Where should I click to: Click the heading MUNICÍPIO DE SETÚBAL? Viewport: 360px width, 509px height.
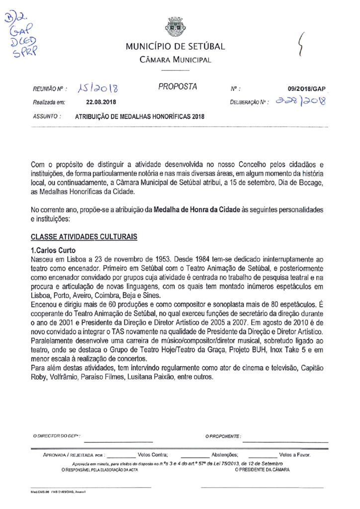click(175, 47)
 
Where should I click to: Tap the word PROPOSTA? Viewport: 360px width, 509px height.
click(178, 86)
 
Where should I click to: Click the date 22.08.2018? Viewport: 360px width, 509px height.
click(101, 102)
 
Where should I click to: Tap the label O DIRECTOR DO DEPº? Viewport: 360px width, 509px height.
click(57, 436)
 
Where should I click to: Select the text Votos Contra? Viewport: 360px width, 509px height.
click(153, 454)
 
